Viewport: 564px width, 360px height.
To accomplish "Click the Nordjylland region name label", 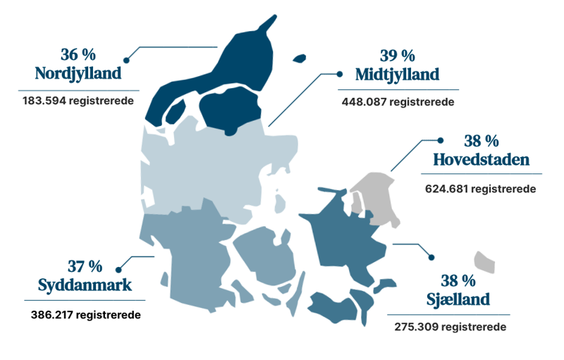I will point(78,73).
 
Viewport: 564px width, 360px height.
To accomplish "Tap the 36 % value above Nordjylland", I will point(78,54).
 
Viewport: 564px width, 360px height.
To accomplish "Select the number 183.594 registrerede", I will point(78,101).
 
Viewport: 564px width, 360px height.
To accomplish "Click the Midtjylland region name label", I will point(398,74).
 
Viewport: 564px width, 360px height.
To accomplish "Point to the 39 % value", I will point(398,55).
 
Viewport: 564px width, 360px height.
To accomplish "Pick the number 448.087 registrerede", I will point(398,101).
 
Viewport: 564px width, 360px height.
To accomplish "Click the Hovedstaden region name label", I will point(482,160).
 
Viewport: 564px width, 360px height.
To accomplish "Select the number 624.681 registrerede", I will point(481,189).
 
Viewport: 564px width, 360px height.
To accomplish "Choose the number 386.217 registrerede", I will point(85,314).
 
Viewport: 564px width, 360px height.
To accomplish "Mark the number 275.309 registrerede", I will point(451,328).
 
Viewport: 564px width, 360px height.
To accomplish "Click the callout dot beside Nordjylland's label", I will point(127,60).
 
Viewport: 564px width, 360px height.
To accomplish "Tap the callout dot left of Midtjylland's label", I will point(339,73).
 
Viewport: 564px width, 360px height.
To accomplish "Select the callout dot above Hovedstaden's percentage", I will point(441,140).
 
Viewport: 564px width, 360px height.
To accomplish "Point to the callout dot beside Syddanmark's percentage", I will point(118,268).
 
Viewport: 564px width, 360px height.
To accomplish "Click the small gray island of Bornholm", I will point(484,261).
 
